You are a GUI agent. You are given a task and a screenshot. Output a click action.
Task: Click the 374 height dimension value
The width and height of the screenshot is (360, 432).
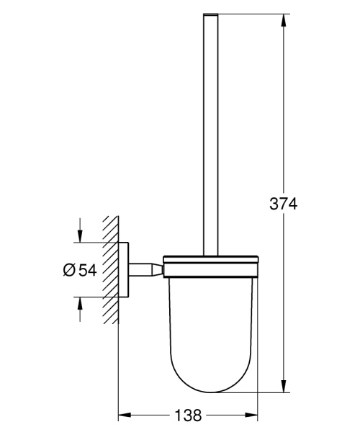tap(283, 204)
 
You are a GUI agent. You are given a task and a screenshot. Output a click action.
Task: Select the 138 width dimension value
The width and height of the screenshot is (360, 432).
tap(188, 416)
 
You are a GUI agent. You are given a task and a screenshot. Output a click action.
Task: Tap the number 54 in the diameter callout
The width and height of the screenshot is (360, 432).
tap(87, 270)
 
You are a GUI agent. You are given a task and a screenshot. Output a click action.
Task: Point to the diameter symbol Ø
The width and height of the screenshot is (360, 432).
tap(69, 270)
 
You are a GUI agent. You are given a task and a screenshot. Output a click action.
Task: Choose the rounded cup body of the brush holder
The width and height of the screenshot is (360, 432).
tap(210, 331)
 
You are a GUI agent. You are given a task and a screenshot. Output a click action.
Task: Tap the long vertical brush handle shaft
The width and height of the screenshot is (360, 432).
tap(210, 144)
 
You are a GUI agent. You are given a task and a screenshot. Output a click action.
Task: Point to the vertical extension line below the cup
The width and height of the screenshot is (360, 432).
tap(258, 407)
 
